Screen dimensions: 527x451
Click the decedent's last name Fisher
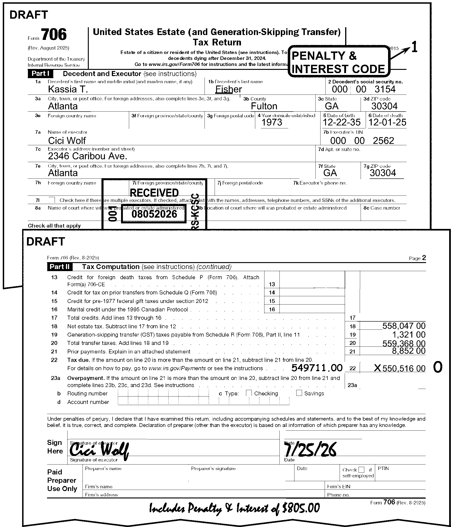228,89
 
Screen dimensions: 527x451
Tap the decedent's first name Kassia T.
68,89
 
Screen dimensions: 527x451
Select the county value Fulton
264,106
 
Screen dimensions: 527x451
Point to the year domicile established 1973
272,122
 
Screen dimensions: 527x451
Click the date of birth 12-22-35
341,122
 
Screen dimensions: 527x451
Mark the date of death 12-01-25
387,122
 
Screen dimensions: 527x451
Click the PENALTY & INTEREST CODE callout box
338,62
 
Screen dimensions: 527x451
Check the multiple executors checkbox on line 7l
52,200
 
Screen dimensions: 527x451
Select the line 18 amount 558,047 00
404,326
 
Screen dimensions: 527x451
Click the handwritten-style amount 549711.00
317,368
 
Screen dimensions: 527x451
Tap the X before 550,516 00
377,368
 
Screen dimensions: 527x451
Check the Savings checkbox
299,393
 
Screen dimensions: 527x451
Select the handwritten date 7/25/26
310,450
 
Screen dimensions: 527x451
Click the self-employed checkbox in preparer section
361,470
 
